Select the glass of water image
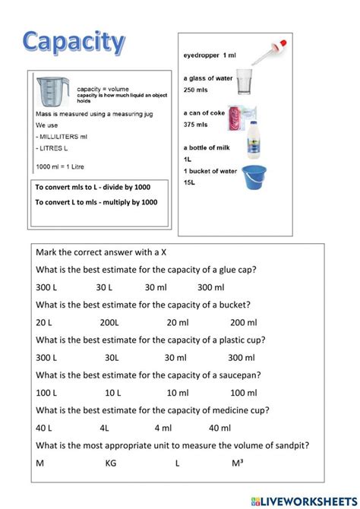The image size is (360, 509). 244,82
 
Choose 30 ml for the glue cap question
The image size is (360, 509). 156,287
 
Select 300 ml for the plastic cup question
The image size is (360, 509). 241,358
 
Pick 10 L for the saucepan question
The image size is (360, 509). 113,393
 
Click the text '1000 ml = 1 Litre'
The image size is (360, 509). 58,166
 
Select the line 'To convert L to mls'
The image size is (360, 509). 96,202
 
